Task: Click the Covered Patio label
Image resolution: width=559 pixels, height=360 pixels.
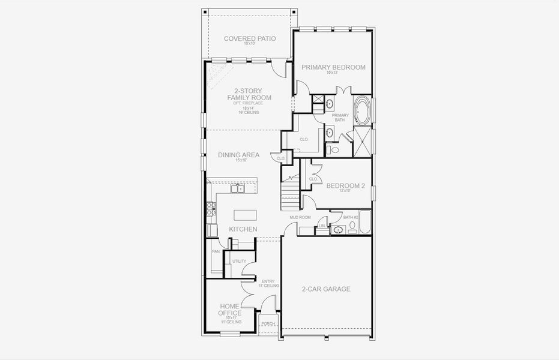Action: [249, 39]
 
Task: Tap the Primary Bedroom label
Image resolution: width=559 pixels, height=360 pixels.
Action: [333, 67]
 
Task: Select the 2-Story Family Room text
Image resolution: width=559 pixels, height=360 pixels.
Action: [249, 94]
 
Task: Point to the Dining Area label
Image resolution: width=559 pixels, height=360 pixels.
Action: [238, 155]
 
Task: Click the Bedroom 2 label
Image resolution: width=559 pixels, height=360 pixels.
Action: [345, 186]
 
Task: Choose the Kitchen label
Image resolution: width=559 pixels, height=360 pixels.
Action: [243, 229]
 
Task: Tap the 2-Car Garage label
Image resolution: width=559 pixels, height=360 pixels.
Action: [326, 289]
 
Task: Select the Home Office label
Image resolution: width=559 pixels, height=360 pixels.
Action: [230, 310]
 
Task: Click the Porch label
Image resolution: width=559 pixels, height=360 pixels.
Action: [268, 324]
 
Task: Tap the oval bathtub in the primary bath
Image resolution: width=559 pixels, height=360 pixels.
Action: [362, 111]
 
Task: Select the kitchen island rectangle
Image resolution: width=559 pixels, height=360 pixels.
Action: [244, 215]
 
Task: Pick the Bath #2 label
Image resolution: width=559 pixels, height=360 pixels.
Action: [351, 217]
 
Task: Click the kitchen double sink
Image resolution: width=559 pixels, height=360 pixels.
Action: [237, 189]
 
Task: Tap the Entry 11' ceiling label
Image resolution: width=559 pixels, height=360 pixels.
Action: [268, 283]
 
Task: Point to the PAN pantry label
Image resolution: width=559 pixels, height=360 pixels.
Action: [214, 252]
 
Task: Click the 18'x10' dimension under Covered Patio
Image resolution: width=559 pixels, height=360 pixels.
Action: [249, 44]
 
